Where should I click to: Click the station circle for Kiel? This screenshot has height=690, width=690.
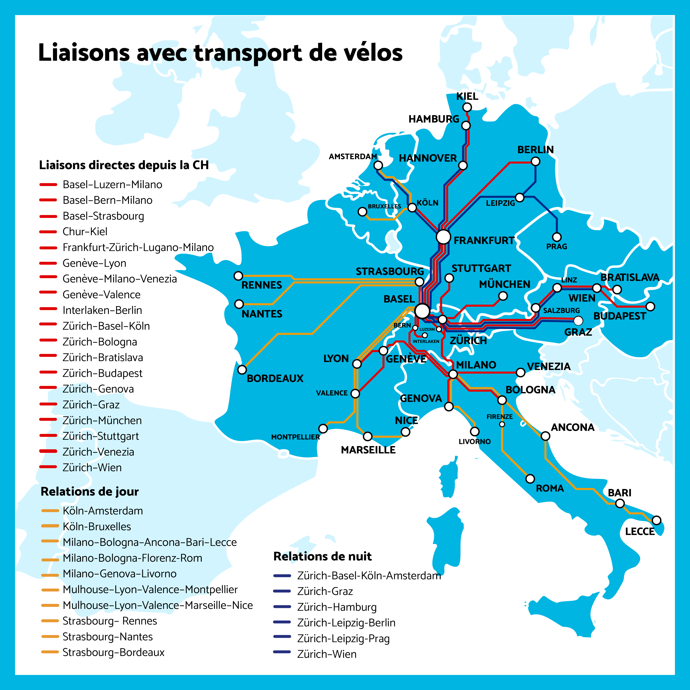467,107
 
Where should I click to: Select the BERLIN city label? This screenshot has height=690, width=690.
535,150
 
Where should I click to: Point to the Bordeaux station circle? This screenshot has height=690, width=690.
242,370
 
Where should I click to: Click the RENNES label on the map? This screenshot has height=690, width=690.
262,285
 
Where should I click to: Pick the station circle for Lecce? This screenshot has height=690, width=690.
656,520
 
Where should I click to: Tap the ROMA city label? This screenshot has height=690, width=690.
550,488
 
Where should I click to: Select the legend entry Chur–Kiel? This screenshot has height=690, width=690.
85,232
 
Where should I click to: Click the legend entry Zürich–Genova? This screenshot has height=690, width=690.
98,389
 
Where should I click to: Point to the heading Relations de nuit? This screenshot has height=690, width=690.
322,556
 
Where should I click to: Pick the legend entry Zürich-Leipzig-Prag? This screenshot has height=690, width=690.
343,639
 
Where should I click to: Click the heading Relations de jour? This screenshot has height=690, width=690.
90,492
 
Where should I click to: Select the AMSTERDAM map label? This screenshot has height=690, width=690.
353,156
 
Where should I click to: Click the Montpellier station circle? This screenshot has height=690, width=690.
323,428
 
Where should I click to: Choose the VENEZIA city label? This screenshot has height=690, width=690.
549,366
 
